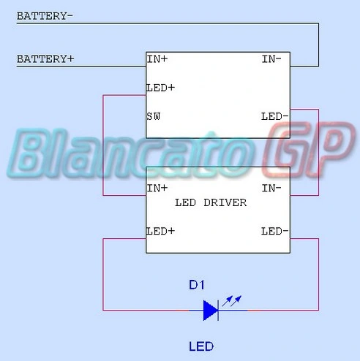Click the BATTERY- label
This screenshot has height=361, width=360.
tap(45, 16)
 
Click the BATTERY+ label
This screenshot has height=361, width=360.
tap(45, 59)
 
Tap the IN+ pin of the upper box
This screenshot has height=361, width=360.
tap(157, 59)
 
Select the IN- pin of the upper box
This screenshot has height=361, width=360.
tap(271, 59)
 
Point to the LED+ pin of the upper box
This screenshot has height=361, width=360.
tap(160, 88)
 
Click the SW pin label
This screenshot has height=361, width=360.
tap(154, 116)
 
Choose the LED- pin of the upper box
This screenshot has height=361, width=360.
tap(275, 116)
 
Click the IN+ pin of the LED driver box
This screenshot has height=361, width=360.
tap(157, 188)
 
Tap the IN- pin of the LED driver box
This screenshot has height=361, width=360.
tap(271, 188)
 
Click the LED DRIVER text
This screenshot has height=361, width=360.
tap(211, 202)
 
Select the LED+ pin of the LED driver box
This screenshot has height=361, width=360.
tap(160, 231)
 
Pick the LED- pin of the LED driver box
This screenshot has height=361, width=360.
tap(275, 231)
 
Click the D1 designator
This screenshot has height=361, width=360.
tap(197, 285)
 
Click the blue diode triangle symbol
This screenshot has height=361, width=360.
tap(211, 311)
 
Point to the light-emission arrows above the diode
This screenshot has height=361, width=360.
tap(232, 301)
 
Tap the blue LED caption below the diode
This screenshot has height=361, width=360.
tap(201, 346)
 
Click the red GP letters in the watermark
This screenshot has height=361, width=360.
tap(309, 150)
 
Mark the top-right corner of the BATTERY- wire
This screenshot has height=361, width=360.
tap(318, 23)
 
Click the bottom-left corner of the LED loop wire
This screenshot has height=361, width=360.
tap(103, 310)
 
